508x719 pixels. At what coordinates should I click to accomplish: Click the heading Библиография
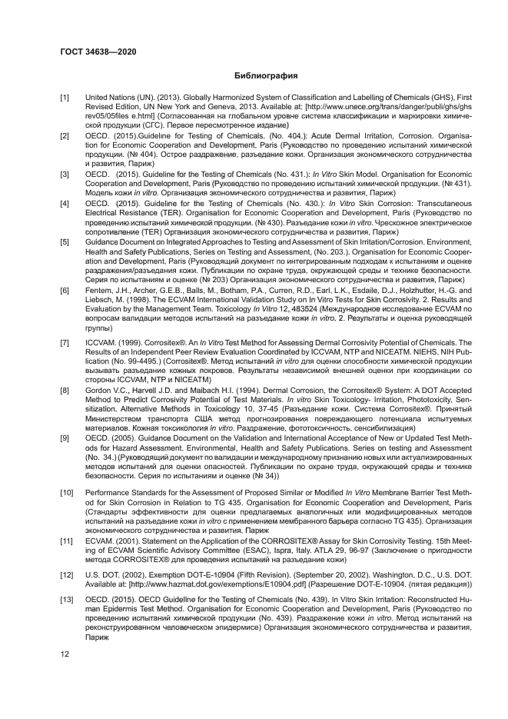coord(265,75)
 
